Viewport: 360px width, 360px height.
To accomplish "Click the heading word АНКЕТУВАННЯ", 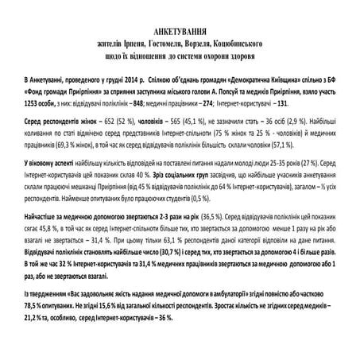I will pyautogui.click(x=180, y=29).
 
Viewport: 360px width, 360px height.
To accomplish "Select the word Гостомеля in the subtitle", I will pyautogui.click(x=157, y=41).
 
